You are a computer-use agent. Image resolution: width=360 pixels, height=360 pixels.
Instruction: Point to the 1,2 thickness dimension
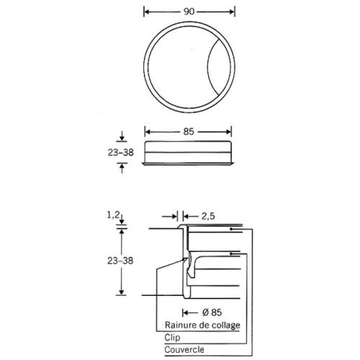tap(113, 215)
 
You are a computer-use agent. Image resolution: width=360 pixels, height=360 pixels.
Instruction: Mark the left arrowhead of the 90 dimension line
tap(148, 12)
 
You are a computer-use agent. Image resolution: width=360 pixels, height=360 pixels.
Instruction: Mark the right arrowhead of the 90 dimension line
tap(231, 12)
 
